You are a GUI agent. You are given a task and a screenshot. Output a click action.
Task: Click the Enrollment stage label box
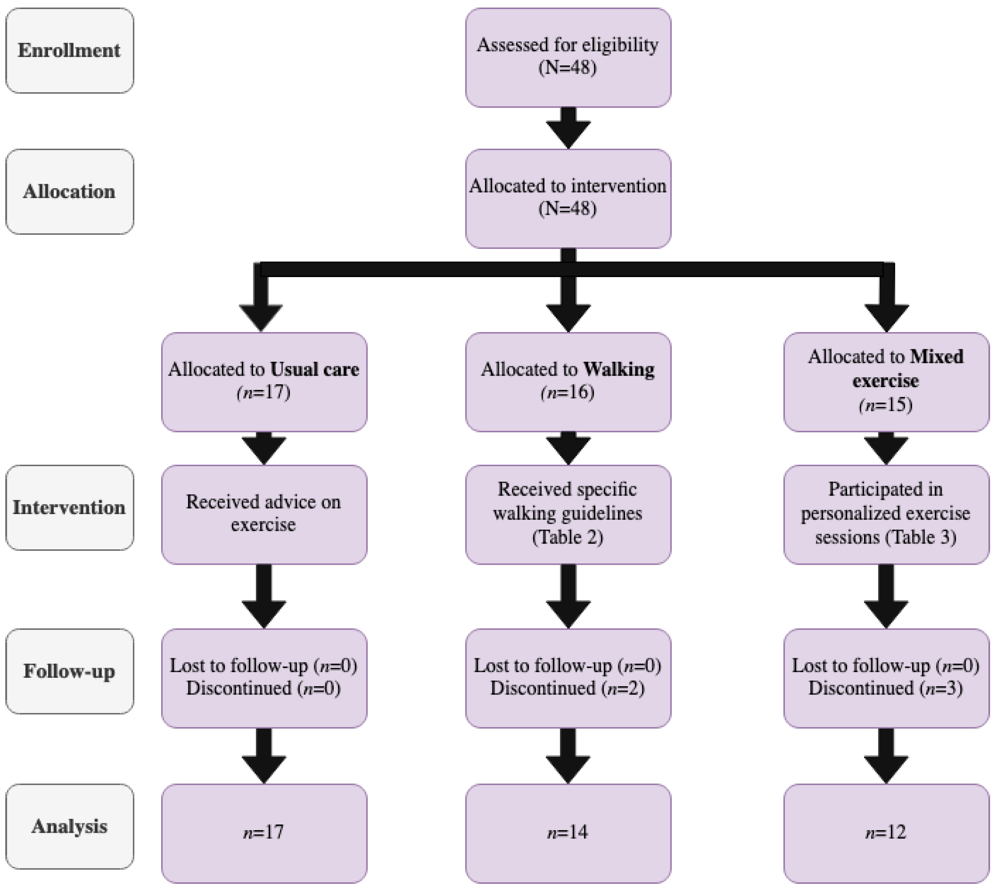coord(69,50)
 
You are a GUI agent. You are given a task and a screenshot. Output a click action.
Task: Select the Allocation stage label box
coord(69,191)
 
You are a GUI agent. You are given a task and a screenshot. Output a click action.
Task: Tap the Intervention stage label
coord(69,508)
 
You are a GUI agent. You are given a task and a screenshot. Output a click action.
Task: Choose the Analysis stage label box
coord(69,827)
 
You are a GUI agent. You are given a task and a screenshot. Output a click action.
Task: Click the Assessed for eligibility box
coord(568,57)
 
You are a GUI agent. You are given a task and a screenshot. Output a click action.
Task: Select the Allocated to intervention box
coord(568,198)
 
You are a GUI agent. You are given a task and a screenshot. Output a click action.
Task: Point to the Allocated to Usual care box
coord(264,382)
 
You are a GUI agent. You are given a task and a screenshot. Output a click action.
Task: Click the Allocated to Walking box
coord(568,382)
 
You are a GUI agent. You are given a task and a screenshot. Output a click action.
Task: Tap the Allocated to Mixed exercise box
coord(886,382)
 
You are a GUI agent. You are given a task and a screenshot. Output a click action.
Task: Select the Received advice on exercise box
coord(264,514)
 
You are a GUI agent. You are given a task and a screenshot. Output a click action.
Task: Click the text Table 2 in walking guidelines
coord(568,538)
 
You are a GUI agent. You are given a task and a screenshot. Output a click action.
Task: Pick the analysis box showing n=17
coord(264,833)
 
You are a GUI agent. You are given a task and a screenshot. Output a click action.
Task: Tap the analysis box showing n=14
coord(568,833)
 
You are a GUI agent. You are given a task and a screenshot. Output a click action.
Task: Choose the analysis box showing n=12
coord(886,833)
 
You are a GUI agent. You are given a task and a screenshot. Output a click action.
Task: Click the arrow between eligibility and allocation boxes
coord(568,127)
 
